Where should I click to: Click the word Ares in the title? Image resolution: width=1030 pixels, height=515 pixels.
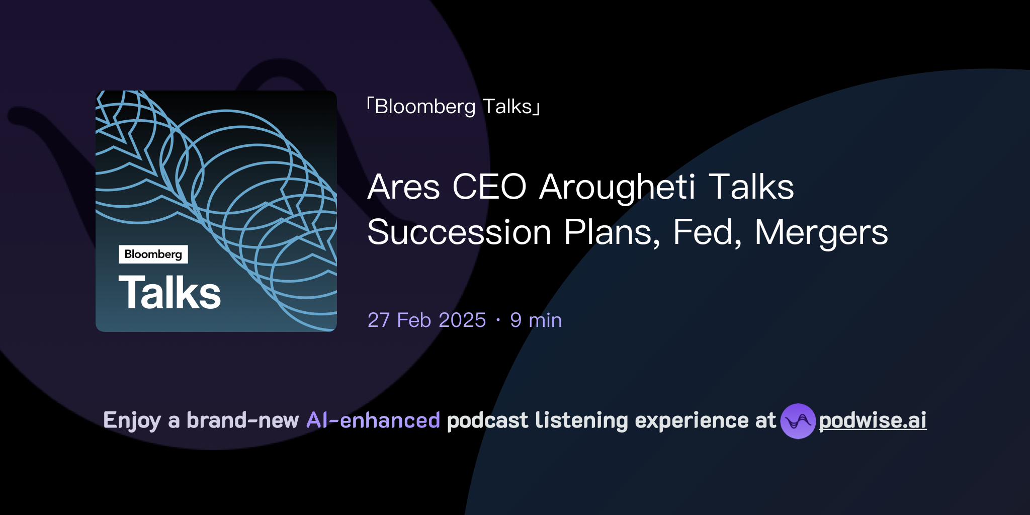pos(403,187)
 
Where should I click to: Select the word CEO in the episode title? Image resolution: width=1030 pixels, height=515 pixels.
pos(489,187)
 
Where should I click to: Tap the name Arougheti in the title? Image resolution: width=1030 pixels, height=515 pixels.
pos(618,187)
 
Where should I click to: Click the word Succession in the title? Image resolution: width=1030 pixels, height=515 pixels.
pos(459,232)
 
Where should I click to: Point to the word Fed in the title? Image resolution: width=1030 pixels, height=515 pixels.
pos(707,232)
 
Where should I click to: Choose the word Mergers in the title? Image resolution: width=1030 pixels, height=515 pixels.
pos(821,232)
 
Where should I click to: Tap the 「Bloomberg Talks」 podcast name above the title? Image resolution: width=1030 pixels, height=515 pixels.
pos(453,107)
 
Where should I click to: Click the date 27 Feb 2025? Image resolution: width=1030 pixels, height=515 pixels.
pos(426,320)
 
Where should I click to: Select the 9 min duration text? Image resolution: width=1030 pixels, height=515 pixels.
pos(536,320)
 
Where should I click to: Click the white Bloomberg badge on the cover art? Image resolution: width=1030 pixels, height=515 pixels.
pos(153,254)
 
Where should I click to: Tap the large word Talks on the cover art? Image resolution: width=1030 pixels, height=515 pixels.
pos(169,293)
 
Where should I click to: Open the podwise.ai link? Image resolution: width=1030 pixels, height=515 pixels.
pos(872,420)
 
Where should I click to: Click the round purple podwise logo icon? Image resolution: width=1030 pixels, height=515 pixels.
pos(798,421)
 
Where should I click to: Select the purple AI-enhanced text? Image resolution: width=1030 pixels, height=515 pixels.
pos(373,420)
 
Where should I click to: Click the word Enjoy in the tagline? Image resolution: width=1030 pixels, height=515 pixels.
pos(132,420)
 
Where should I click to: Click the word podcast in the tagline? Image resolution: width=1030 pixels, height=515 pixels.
pos(487,420)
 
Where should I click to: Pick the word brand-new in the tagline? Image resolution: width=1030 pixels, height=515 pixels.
pos(242,420)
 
